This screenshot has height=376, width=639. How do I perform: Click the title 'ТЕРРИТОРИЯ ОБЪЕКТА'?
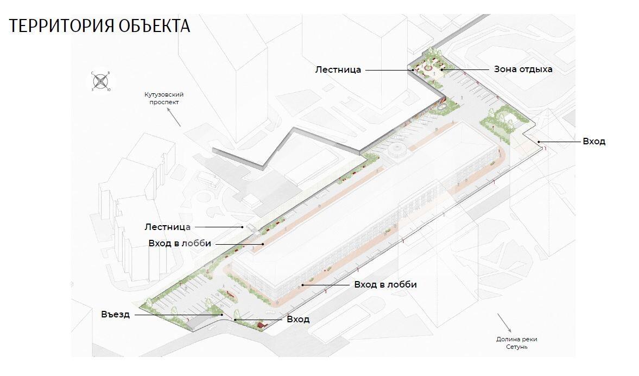click(99, 26)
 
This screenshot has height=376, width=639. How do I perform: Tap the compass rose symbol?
click(100, 81)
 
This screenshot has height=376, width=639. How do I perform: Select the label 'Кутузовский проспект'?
click(164, 98)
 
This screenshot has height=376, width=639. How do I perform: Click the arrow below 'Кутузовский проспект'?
click(174, 117)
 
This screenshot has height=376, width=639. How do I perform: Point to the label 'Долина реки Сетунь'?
click(517, 343)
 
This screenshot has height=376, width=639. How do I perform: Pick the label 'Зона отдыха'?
click(523, 69)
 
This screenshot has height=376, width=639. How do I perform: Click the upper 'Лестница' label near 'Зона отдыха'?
click(338, 69)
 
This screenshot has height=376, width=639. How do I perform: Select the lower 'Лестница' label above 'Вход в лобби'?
click(168, 227)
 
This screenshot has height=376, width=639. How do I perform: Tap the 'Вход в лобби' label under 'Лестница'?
click(180, 244)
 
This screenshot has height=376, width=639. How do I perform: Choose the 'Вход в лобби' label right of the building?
click(385, 284)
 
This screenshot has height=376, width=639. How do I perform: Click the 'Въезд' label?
click(115, 315)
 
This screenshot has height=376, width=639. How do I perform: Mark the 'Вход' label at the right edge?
click(594, 142)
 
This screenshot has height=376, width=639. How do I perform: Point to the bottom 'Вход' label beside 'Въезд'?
click(298, 319)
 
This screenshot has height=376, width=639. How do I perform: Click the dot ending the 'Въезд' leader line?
click(222, 315)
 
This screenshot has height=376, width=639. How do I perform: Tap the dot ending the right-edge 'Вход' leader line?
click(539, 142)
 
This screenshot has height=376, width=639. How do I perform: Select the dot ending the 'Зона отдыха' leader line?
click(442, 69)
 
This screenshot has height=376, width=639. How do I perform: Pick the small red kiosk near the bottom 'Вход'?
click(261, 324)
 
